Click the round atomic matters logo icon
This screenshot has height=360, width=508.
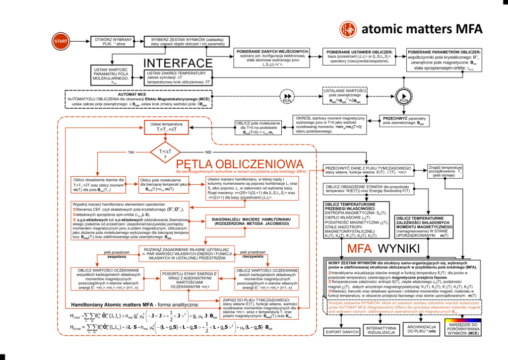[347, 29]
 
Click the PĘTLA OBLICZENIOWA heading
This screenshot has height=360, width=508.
[240, 164]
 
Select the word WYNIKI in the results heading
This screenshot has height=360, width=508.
[398, 248]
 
